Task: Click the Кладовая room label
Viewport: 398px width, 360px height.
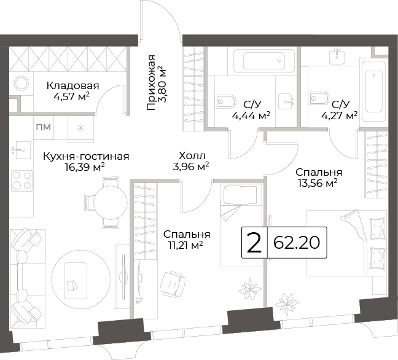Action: click(x=72, y=86)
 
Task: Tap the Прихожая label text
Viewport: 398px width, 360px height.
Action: click(x=150, y=82)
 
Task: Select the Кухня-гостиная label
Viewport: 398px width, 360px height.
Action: click(x=86, y=156)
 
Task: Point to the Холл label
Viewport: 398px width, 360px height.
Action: click(x=192, y=155)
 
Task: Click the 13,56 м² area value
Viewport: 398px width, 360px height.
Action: click(x=318, y=183)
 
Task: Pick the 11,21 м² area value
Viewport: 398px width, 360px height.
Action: click(x=185, y=245)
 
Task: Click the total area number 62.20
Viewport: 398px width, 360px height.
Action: click(x=297, y=243)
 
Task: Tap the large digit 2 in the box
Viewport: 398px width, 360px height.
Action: click(x=254, y=243)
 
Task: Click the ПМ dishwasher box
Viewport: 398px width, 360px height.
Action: click(x=44, y=127)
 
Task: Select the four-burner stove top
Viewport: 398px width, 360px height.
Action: click(x=22, y=181)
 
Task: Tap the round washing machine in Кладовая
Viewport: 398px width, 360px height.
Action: click(x=21, y=84)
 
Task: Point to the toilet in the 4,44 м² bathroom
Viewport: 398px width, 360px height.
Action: click(x=226, y=101)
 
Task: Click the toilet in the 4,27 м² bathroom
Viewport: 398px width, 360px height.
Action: click(x=318, y=98)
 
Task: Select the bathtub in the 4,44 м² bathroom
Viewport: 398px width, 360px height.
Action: click(x=263, y=61)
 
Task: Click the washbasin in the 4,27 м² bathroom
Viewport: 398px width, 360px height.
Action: click(x=337, y=57)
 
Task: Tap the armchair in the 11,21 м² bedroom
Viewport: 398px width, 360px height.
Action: click(x=173, y=284)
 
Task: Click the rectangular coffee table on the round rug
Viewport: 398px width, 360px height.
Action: click(x=76, y=281)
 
